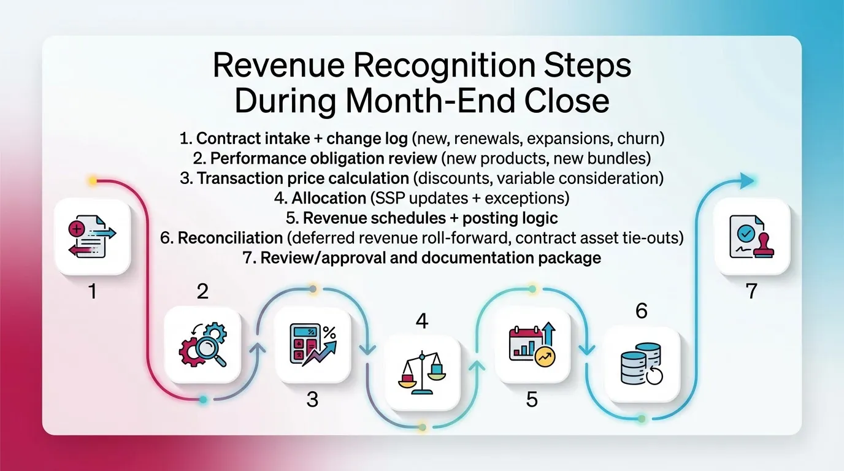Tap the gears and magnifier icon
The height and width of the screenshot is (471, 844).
click(x=202, y=345)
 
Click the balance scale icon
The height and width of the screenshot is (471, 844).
click(x=423, y=373)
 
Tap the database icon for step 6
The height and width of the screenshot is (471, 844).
click(x=642, y=364)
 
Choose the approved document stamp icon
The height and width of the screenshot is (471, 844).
click(x=753, y=237)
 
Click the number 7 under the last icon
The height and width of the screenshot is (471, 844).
click(x=752, y=291)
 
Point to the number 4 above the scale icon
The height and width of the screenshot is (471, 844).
click(x=422, y=321)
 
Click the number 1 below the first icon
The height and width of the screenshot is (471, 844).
click(x=92, y=291)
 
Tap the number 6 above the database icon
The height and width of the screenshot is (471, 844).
click(x=642, y=312)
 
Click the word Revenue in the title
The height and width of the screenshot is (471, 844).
click(x=281, y=66)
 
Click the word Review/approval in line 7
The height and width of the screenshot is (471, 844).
click(x=308, y=258)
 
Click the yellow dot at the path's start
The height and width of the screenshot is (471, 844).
click(x=93, y=181)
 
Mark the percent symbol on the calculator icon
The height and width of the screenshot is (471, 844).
click(x=329, y=333)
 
